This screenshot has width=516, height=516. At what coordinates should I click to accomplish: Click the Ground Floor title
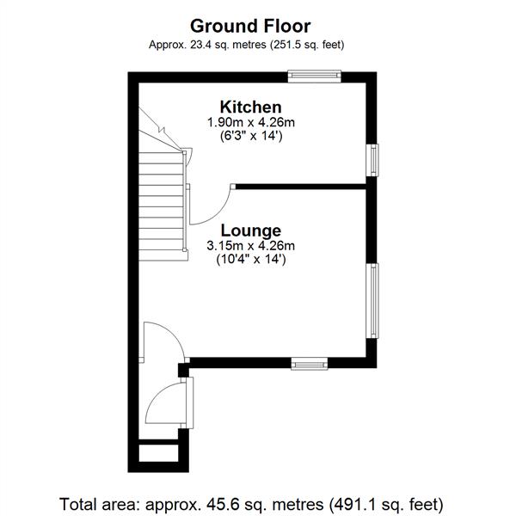[x=250, y=27]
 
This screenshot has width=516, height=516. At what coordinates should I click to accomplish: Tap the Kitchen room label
[x=251, y=107]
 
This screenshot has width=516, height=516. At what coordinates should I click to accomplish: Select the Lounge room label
[x=251, y=230]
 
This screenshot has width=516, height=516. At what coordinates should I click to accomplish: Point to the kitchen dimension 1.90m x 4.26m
[x=251, y=122]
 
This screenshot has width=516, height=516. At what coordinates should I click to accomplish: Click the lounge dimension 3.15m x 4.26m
[x=251, y=246]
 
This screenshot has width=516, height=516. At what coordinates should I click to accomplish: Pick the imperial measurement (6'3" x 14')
[x=251, y=136]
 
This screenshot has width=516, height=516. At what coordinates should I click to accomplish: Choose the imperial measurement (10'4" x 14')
[x=251, y=260]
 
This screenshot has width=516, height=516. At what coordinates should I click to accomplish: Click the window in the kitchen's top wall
[x=315, y=76]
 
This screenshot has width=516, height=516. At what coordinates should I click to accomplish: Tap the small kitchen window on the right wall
[x=373, y=160]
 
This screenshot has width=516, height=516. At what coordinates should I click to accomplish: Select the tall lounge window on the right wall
[x=373, y=301]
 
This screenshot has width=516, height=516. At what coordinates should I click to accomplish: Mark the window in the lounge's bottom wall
[x=310, y=364]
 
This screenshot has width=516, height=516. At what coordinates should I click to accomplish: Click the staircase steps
[x=161, y=206]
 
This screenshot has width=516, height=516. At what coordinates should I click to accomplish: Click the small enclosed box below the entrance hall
[x=158, y=453]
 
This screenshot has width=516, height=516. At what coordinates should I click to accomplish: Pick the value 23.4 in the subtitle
[x=200, y=45]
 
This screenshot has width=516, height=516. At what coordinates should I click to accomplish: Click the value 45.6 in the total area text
[x=218, y=505]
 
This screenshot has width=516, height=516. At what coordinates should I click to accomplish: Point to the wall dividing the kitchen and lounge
[x=301, y=187]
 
